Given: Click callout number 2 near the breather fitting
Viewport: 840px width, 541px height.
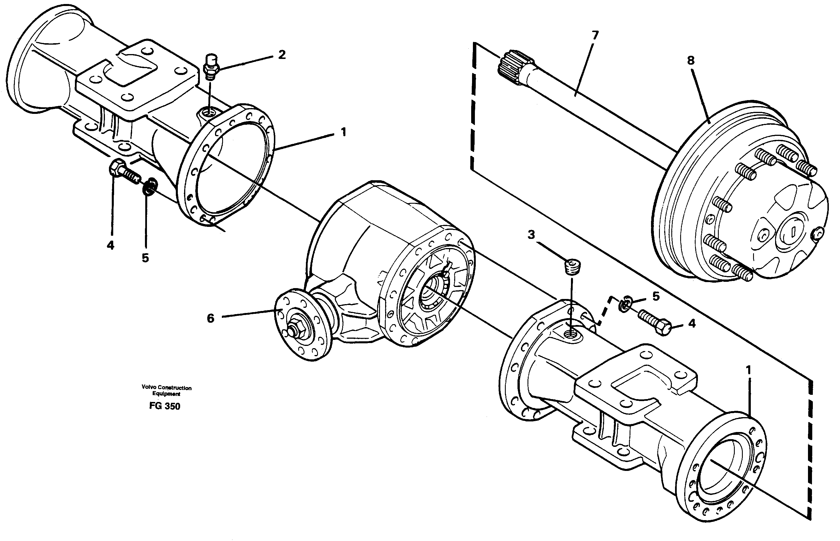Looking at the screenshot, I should pyautogui.click(x=282, y=55).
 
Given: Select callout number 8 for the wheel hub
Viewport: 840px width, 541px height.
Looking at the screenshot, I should pyautogui.click(x=691, y=60).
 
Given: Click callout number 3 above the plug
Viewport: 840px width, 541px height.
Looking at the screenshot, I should pyautogui.click(x=531, y=235).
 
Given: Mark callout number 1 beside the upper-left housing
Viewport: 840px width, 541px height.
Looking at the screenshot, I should pyautogui.click(x=343, y=132).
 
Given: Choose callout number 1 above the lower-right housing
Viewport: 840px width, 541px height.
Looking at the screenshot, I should pyautogui.click(x=748, y=370).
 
